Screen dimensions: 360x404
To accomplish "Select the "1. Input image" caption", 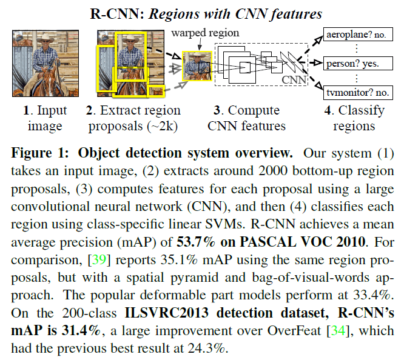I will pos(45,119).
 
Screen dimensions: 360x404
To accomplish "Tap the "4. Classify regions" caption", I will pos(354,119).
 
